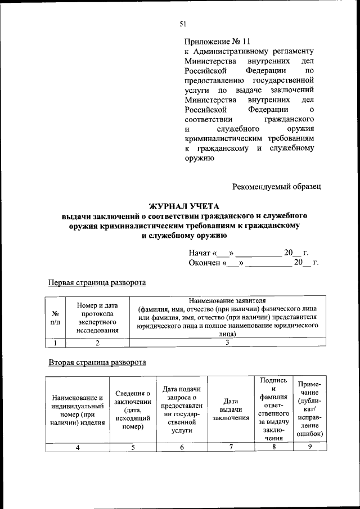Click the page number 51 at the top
182,23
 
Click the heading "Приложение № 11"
217,42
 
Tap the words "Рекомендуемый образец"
277,186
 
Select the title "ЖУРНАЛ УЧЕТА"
183,206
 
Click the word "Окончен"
205,263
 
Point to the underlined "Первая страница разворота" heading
97,282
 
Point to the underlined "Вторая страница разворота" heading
97,362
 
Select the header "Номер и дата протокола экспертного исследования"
97,317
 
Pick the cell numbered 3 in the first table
227,343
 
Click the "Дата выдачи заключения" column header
231,409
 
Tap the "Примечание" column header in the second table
309,409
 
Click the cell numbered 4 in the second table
78,447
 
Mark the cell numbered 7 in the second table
231,447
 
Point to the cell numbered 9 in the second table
309,447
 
